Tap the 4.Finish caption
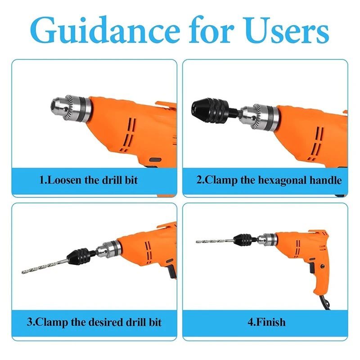point(265,322)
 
